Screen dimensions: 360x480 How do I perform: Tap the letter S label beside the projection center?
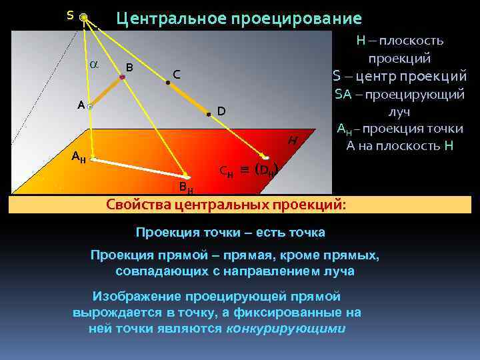tap(70, 14)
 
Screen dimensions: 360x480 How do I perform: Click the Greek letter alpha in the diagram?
tap(93, 64)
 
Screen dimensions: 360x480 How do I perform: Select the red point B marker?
tap(122, 78)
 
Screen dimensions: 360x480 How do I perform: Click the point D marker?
tap(208, 115)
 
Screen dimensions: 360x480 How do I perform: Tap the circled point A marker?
tap(89, 106)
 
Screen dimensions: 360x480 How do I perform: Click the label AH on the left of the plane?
tap(79, 157)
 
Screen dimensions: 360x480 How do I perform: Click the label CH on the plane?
tap(227, 171)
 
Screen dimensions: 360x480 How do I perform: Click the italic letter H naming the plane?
tap(292, 141)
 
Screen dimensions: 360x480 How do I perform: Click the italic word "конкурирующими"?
tap(287, 329)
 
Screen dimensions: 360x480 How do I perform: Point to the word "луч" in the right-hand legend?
tap(399, 112)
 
